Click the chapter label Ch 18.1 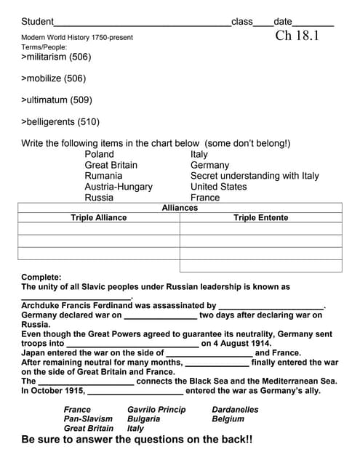[297, 36]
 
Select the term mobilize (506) [54, 78]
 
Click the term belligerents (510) [60, 121]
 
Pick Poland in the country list [100, 154]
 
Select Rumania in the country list [104, 176]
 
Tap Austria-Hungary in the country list [119, 187]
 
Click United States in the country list [219, 187]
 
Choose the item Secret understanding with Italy [255, 176]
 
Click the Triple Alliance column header [98, 217]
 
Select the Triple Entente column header [260, 217]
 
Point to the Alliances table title [180, 208]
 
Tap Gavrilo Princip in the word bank [156, 410]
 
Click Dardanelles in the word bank [235, 410]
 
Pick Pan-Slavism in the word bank [88, 419]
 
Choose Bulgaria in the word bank [144, 419]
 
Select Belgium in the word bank [228, 419]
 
